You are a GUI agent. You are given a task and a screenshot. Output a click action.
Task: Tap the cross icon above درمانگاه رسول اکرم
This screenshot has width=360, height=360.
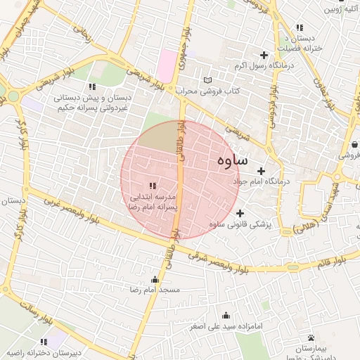point(264,55)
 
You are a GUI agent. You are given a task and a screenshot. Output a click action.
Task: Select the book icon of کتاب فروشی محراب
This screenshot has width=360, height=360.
point(207,80)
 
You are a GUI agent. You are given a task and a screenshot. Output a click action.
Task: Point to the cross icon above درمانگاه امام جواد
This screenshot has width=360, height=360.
point(261,170)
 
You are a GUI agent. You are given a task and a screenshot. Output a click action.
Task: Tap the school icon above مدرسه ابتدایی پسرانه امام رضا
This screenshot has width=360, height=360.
point(153,186)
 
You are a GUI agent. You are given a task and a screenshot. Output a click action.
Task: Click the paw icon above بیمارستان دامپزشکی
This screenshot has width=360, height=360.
point(311,337)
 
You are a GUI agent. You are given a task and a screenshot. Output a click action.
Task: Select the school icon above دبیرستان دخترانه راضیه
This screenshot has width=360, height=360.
point(44,342)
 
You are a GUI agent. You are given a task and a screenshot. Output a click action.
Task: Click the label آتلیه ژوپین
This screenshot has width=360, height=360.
point(340,10)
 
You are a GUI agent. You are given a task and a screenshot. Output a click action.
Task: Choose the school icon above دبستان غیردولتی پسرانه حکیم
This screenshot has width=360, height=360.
point(91,86)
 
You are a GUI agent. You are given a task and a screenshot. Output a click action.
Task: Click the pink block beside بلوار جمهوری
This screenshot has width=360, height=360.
point(167,65)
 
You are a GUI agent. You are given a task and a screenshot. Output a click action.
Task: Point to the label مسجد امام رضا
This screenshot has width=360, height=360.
point(155,290)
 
